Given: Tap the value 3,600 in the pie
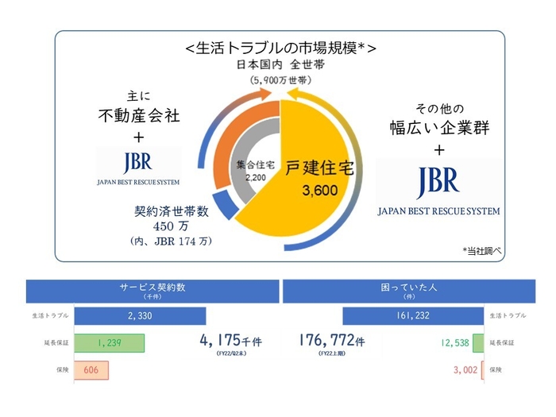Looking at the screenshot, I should pyautogui.click(x=320, y=191).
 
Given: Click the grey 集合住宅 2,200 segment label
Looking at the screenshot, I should pyautogui.click(x=256, y=171).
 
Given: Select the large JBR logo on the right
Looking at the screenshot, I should pyautogui.click(x=438, y=183).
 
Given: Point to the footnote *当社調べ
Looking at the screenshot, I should pyautogui.click(x=482, y=250).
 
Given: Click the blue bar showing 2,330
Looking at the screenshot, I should pyautogui.click(x=139, y=315).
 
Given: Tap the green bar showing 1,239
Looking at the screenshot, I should pyautogui.click(x=110, y=343).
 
